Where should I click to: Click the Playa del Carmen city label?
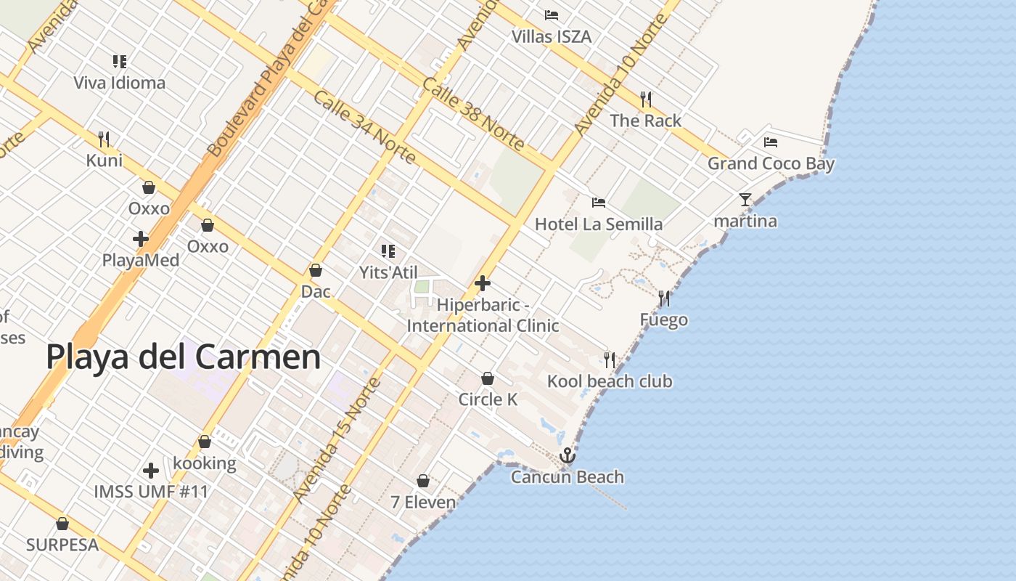click(183, 357)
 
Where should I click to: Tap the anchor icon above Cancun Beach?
click(568, 455)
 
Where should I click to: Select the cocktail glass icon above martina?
click(745, 200)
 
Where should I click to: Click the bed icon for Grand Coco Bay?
click(771, 142)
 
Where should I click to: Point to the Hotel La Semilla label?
click(599, 224)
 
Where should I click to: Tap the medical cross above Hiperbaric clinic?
click(483, 283)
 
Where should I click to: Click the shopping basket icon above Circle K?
click(488, 378)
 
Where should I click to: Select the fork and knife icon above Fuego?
click(663, 298)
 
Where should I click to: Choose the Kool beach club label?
click(610, 381)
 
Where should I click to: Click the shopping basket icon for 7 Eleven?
click(423, 481)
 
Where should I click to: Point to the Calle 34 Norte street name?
click(364, 127)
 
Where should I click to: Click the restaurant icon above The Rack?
click(645, 99)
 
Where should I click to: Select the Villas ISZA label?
click(552, 36)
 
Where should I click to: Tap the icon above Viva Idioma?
click(120, 62)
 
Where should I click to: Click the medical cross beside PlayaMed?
click(141, 238)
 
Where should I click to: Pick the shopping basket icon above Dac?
click(316, 270)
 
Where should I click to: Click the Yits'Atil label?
click(389, 272)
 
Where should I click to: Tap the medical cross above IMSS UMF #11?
click(151, 471)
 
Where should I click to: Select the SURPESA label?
click(62, 545)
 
